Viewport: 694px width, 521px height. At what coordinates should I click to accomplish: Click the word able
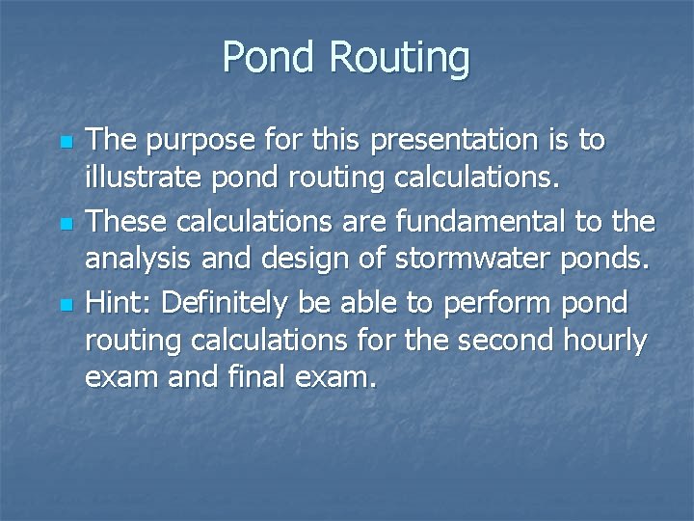(x=367, y=302)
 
